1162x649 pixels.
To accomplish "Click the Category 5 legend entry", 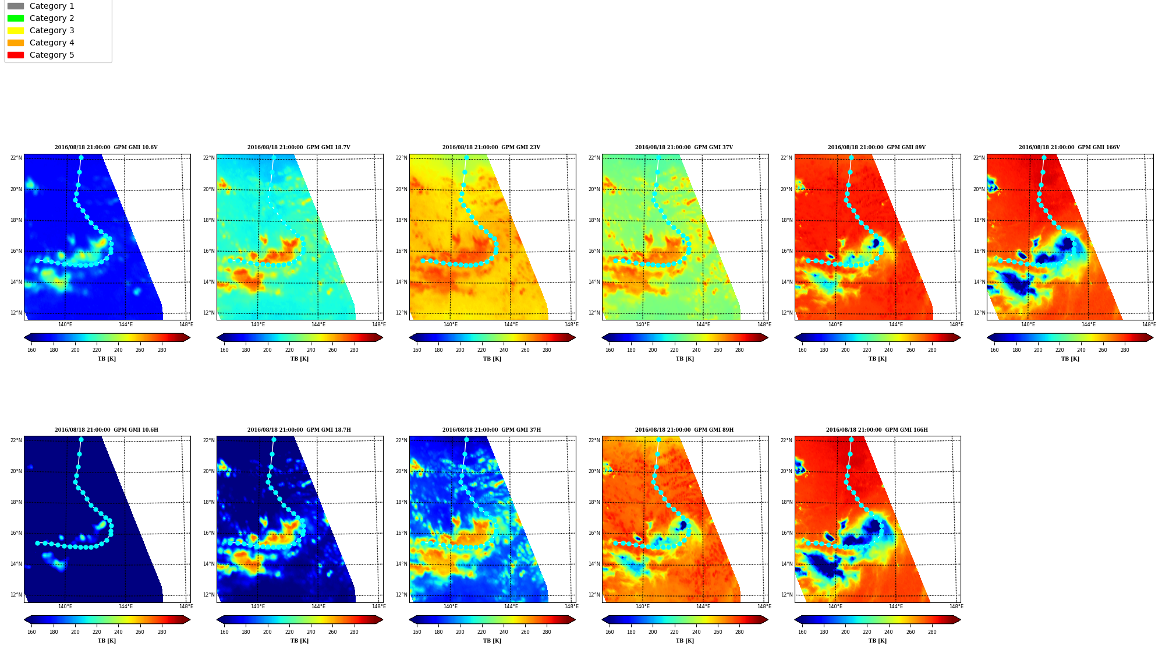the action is point(41,55).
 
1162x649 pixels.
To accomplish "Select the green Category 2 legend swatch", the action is point(16,18).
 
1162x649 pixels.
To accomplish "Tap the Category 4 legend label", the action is point(52,43).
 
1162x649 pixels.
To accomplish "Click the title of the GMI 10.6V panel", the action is point(106,147).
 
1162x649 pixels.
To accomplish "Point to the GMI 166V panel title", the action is point(1069,147).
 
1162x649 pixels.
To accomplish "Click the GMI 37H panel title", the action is point(491,430).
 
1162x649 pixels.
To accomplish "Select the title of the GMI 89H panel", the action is point(684,430).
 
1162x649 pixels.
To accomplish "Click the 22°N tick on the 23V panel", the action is point(402,158).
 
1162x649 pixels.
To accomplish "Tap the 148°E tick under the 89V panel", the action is point(956,324).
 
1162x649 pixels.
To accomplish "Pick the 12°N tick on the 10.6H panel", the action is point(16,595).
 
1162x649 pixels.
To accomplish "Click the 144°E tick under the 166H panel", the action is point(896,606).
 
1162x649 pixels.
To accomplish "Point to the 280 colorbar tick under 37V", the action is point(739,350).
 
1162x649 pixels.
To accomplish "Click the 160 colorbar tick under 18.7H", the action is point(224,632).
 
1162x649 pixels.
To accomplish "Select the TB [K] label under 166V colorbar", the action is point(1070,359).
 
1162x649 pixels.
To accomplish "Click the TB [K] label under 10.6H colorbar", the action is point(107,641).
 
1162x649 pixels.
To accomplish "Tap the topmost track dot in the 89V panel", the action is point(851,157).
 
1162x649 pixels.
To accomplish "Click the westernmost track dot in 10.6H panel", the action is point(37,543).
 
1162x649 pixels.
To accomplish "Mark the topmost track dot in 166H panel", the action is point(851,440).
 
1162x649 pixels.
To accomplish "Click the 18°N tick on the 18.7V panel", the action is point(209,220).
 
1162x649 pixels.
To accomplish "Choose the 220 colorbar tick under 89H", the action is point(674,632).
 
